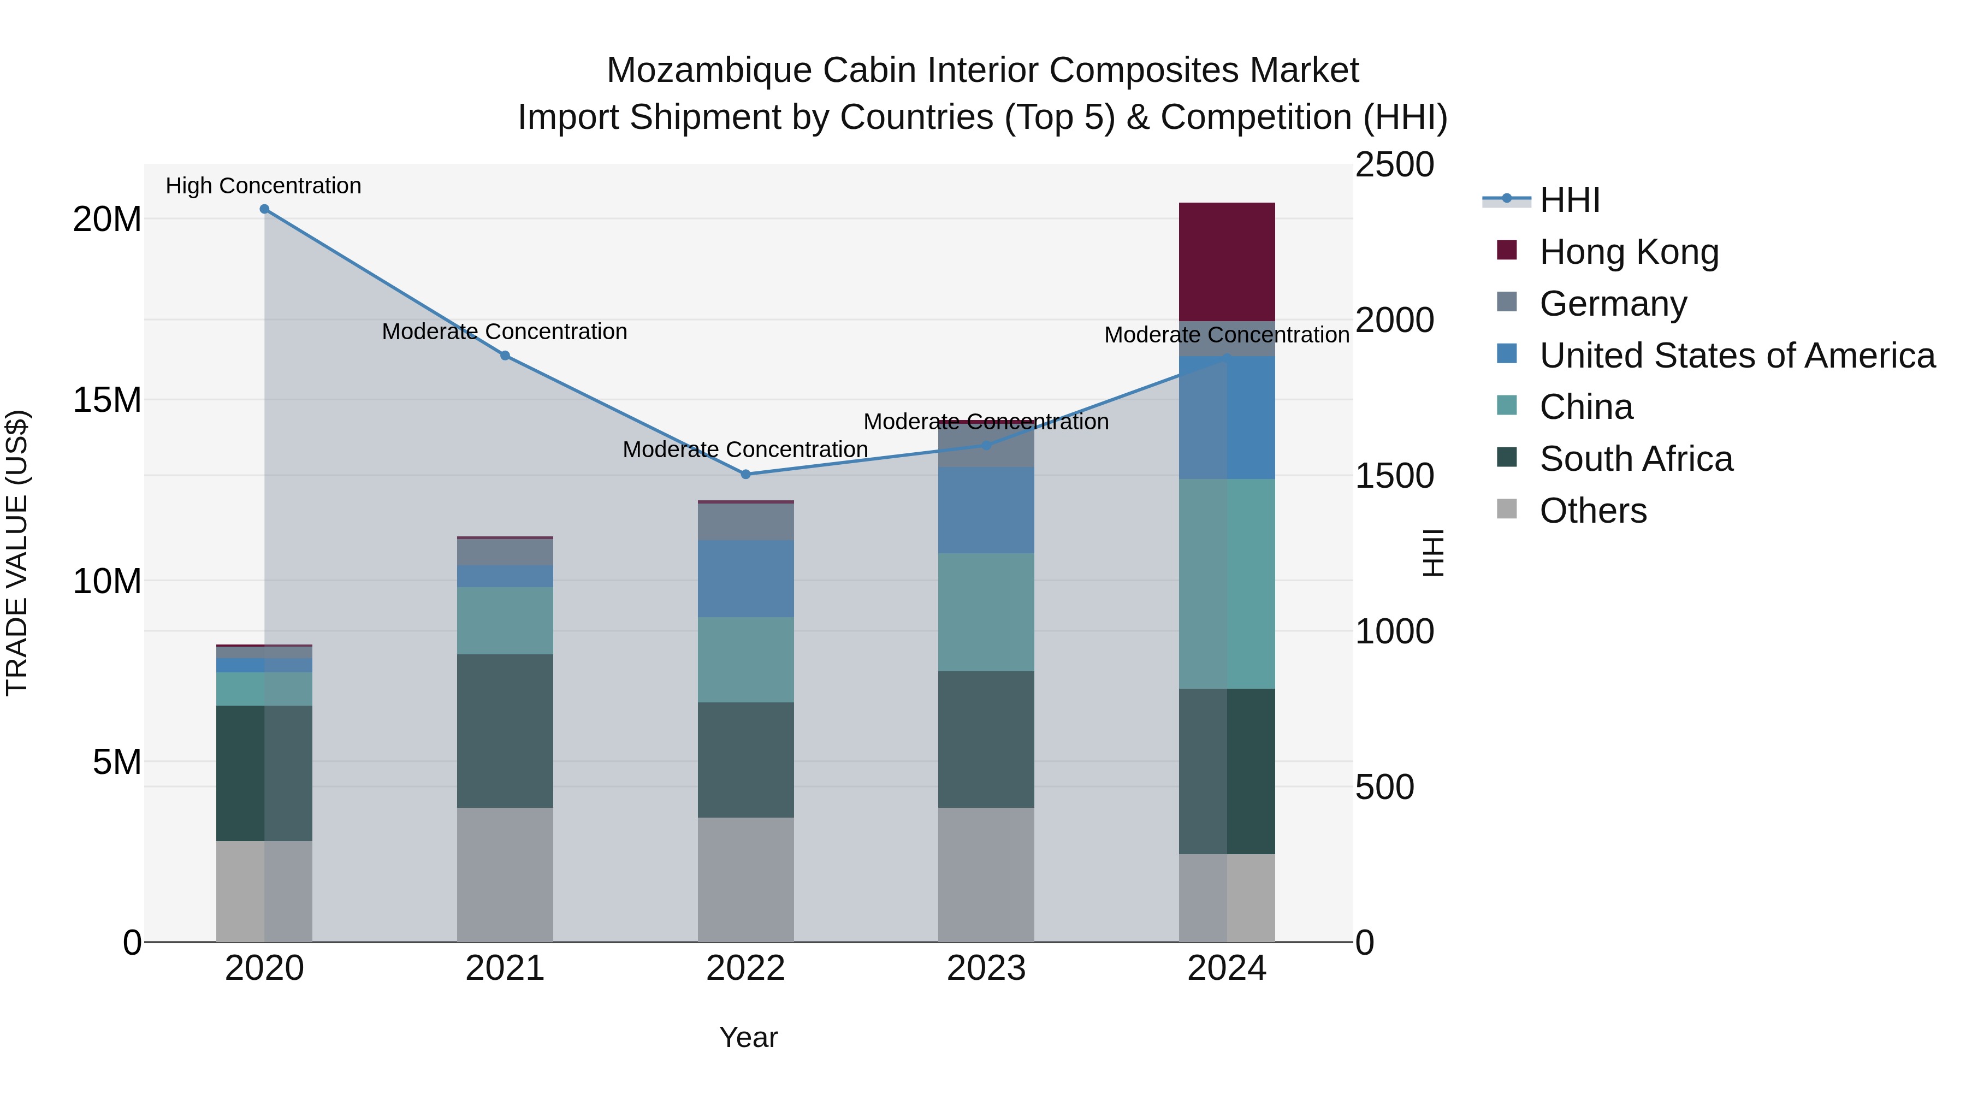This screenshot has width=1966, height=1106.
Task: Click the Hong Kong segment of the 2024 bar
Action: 1227,261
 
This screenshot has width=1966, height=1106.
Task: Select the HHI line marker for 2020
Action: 264,209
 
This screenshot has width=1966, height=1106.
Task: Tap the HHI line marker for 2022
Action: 745,474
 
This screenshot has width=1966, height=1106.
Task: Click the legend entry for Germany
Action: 1613,304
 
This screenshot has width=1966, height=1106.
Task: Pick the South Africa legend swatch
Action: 1507,458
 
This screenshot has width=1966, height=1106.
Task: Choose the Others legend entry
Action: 1593,511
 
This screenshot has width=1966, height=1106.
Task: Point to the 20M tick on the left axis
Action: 107,220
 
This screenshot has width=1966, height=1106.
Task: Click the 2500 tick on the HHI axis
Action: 1394,165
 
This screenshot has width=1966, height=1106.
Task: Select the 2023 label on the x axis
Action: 986,968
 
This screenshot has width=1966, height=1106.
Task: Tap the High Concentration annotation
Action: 263,186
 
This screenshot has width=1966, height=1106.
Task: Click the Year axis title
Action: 748,1037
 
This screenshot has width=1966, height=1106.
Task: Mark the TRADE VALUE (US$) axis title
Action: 17,553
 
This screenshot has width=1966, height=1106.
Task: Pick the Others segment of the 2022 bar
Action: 745,879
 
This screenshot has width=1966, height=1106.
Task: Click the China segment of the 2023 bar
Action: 986,612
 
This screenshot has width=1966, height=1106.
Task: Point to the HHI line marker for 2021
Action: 505,356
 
